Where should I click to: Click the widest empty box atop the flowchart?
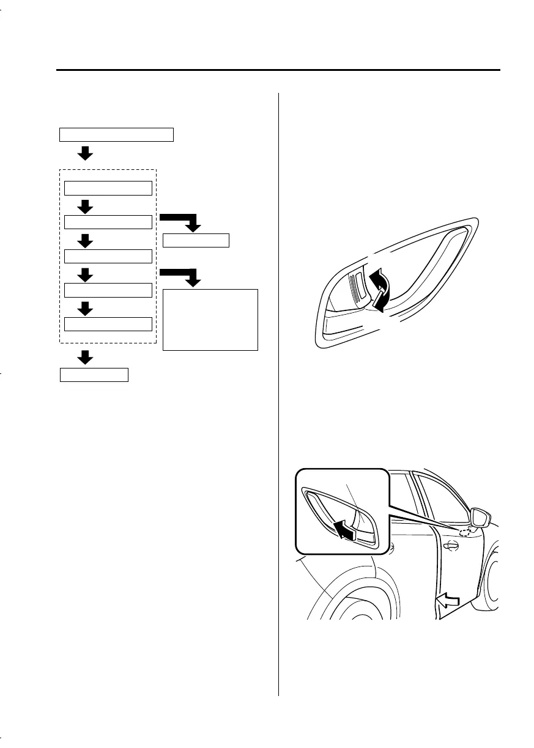pos(116,134)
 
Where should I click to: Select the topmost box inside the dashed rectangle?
pos(108,188)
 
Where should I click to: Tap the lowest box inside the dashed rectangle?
pos(108,324)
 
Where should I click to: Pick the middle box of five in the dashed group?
pos(108,256)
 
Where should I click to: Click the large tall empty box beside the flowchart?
pos(210,320)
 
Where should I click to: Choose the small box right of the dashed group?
pos(196,240)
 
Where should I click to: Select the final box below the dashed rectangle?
pos(94,375)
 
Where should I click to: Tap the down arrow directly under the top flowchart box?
pos(86,153)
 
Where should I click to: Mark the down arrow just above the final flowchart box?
pos(86,357)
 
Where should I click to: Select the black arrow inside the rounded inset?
pos(343,528)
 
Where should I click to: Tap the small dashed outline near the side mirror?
pos(465,532)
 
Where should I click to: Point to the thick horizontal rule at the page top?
pos(278,70)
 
